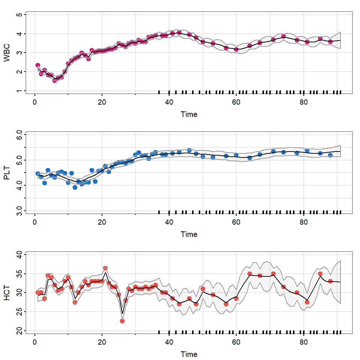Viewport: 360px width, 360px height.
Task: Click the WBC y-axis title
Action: click(x=7, y=53)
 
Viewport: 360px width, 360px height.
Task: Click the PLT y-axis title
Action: click(x=7, y=172)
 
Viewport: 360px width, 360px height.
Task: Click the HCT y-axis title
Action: click(x=7, y=293)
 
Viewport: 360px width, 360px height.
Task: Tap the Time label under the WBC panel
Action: click(x=189, y=114)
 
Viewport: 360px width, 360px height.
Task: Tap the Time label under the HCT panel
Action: click(x=189, y=354)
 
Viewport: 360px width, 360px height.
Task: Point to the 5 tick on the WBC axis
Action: click(x=20, y=15)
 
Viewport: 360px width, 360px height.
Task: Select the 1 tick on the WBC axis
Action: click(x=20, y=91)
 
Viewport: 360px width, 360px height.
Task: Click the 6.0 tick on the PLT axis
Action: click(x=20, y=135)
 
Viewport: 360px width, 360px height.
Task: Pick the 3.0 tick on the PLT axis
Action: click(x=20, y=210)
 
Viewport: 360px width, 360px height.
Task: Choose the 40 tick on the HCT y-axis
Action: click(x=20, y=255)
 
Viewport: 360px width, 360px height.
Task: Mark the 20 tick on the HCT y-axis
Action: click(x=20, y=330)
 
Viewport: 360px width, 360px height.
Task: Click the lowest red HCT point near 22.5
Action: click(x=122, y=321)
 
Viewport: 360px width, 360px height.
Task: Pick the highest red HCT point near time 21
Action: click(x=105, y=268)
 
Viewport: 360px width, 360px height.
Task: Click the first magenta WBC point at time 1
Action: click(x=37, y=66)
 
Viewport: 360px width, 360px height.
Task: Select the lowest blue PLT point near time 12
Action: click(x=75, y=187)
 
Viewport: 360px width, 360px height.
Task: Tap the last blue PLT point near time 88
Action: click(x=330, y=155)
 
